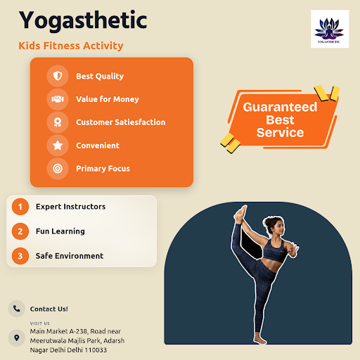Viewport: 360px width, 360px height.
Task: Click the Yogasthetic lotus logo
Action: coord(330,29)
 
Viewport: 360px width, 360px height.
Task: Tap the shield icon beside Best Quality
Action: coord(58,76)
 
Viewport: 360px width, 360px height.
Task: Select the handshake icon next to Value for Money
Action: coord(58,99)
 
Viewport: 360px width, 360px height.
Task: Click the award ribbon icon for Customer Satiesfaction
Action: coord(58,122)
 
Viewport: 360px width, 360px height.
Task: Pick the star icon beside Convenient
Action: coord(58,146)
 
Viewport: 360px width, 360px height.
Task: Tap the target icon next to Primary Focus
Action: coord(58,168)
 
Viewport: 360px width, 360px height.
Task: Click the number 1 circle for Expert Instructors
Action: coord(20,207)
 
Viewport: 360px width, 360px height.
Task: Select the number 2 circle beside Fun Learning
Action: coord(20,231)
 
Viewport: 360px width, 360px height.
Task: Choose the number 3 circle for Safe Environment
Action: coord(20,256)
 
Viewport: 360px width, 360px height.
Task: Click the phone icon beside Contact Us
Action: coord(16,309)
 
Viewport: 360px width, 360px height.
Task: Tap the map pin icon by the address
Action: coord(16,337)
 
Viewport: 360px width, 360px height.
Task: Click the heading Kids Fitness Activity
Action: coord(71,46)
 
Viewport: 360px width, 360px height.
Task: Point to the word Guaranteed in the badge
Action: coord(280,107)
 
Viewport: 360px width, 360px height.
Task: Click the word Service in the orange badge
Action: coord(280,132)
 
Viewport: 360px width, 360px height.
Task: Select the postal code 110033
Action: coord(96,350)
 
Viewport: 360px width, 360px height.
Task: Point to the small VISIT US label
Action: coord(40,323)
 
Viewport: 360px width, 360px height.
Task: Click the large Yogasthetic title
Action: coord(83,20)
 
